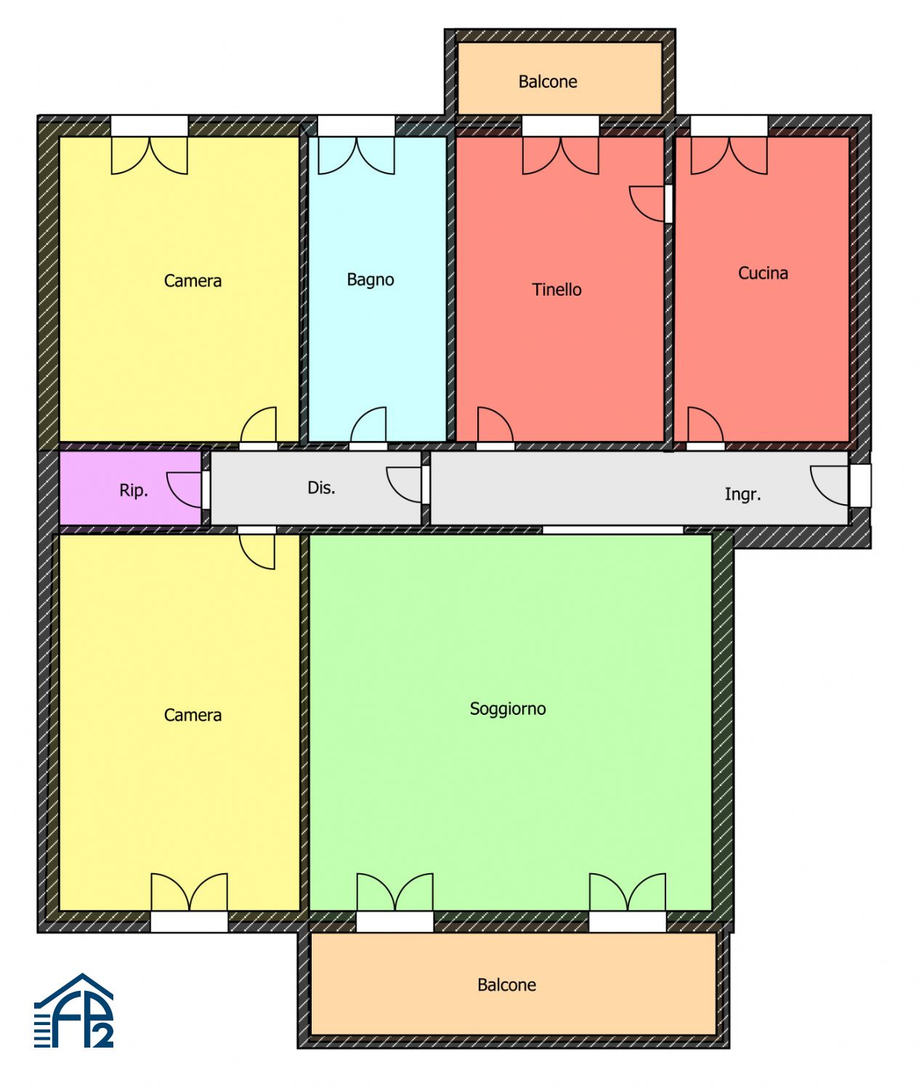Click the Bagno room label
pos(371,280)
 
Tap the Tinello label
pos(556,289)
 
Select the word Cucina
pos(763,272)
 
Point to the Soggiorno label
pos(508,709)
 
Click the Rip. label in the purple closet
pos(134,490)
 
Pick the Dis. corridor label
pos(321,487)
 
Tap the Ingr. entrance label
pos(742,494)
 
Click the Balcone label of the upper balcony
pos(548,81)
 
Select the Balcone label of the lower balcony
pos(506,984)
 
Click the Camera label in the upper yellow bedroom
pos(193,280)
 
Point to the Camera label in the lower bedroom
pos(193,715)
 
